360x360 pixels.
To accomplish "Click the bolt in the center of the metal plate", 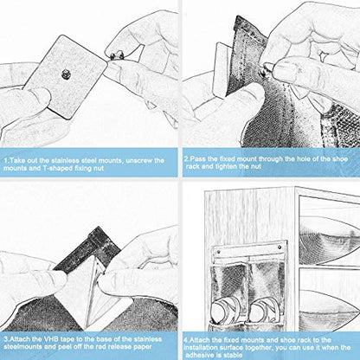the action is tap(66, 74).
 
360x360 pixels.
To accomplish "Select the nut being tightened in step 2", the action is tap(265, 72).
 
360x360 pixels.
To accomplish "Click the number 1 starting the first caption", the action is tap(6, 160).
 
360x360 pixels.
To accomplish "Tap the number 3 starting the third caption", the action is tap(6, 338).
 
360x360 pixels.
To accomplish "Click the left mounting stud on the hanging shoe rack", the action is tap(218, 247).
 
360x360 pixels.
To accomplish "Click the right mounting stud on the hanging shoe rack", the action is tap(280, 247).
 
